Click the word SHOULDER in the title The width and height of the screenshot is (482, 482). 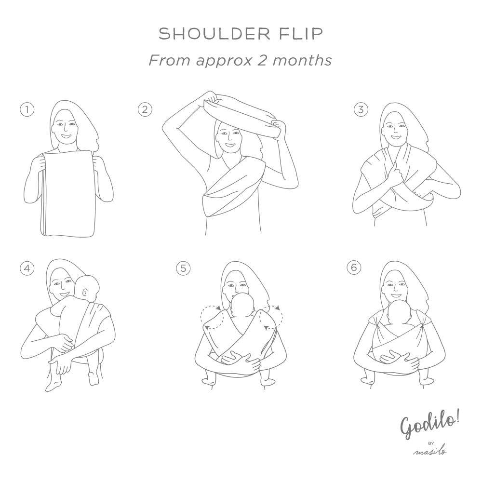pos(214,34)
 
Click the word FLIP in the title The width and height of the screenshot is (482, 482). pos(301,34)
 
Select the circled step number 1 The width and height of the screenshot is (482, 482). pos(27,110)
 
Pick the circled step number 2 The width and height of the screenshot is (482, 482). pos(145,110)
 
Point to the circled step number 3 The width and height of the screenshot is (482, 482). pos(361,110)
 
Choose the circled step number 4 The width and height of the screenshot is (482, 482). pos(27,268)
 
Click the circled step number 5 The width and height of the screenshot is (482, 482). pos(183,268)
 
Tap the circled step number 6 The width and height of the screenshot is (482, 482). pos(353,268)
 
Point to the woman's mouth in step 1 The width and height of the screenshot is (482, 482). pos(66,136)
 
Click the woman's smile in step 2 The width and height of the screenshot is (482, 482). pos(230,145)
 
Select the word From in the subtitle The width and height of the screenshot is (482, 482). pos(170,60)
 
